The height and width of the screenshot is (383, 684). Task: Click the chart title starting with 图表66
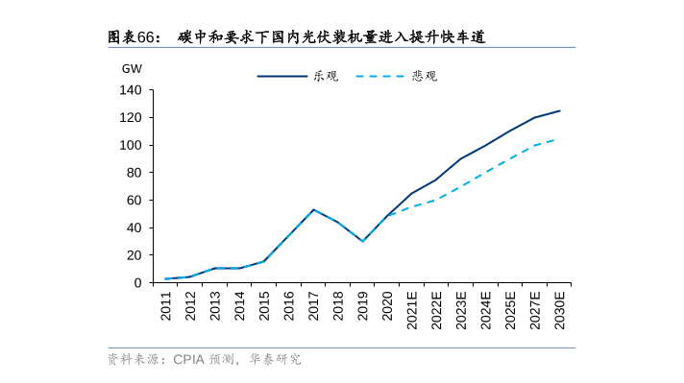(296, 37)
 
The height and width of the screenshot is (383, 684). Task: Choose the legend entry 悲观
(425, 76)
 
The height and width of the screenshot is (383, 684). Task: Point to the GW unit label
(131, 69)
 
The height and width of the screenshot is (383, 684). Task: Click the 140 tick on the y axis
(131, 90)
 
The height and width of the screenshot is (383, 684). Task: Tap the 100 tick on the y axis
(131, 145)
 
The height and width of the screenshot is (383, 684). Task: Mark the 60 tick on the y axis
(134, 201)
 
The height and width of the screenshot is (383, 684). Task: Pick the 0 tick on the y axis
(138, 283)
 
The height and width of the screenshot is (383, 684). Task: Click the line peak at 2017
(314, 209)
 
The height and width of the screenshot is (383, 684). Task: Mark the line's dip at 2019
(363, 241)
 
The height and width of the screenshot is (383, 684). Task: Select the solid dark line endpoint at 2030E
(560, 110)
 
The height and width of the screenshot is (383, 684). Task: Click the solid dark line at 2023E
(461, 158)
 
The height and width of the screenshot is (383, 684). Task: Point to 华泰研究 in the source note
(275, 359)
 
